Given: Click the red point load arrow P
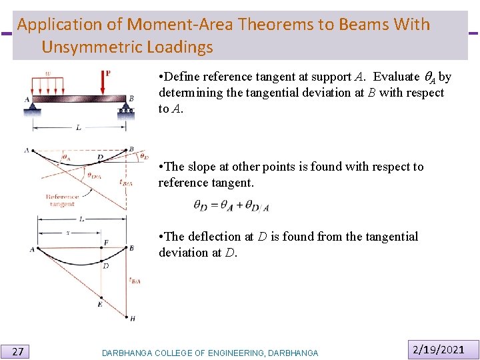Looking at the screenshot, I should (104, 83).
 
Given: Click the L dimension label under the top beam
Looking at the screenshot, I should (78, 127).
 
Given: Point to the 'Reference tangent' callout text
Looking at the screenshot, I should (62, 200).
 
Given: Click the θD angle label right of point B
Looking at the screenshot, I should (145, 157).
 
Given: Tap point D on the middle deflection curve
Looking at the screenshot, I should (100, 157).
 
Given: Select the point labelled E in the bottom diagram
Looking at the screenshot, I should (100, 303).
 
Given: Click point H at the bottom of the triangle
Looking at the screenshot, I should (132, 319).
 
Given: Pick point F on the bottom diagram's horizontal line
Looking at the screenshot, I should (105, 243).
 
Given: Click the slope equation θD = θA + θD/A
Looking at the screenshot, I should (231, 207).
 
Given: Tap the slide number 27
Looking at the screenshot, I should (19, 351).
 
